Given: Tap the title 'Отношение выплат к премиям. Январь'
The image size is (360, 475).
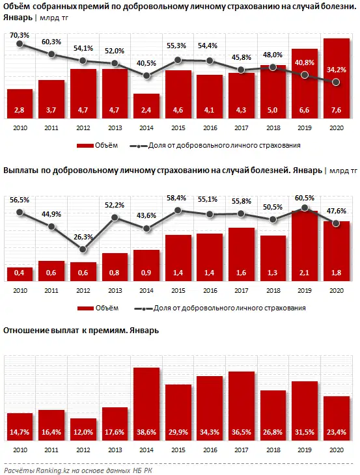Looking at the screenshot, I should point(81,330).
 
